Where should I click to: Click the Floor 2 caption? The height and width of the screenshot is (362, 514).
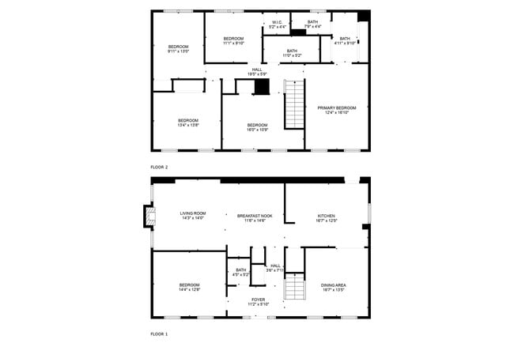(159, 168)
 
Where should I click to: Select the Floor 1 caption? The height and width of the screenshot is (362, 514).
(159, 334)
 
